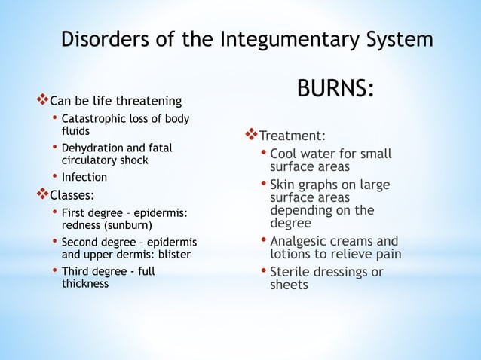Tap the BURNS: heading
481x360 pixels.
click(x=335, y=90)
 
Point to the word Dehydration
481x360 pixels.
click(x=92, y=148)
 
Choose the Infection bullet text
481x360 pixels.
click(x=84, y=178)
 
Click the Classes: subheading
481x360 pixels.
click(x=72, y=196)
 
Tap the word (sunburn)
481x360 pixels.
click(x=127, y=225)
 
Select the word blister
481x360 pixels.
click(x=175, y=255)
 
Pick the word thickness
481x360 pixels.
click(x=84, y=284)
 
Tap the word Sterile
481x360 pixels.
click(x=292, y=272)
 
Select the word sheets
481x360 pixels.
click(x=289, y=285)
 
